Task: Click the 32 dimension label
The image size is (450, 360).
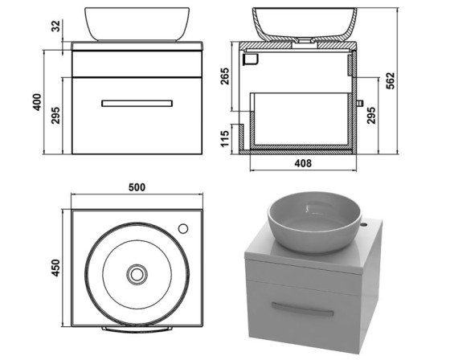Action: coord(56,27)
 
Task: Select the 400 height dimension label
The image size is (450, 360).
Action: coord(37,102)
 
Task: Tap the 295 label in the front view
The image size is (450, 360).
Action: coord(55,116)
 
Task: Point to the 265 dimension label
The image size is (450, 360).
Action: coord(225,76)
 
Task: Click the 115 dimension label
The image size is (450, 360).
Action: coord(225,139)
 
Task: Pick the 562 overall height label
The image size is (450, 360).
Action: coord(391,81)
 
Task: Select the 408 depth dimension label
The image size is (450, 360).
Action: coord(303,163)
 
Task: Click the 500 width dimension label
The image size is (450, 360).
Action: coord(137,187)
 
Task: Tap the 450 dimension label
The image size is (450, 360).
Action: coord(55,268)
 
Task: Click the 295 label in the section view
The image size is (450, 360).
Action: coord(371,116)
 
